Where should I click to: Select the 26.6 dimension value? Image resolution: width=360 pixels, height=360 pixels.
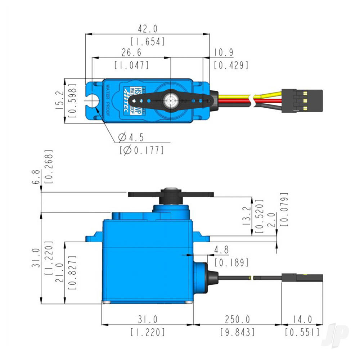pyautogui.click(x=131, y=53)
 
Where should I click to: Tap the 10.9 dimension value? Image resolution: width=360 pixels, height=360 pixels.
pyautogui.click(x=224, y=53)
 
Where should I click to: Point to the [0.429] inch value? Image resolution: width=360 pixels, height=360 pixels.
pyautogui.click(x=231, y=65)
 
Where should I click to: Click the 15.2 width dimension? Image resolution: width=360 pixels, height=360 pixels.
pyautogui.click(x=60, y=100)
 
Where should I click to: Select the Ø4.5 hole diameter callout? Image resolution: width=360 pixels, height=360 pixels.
pyautogui.click(x=131, y=137)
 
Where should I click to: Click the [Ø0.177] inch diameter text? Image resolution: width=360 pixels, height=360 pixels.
pyautogui.click(x=141, y=150)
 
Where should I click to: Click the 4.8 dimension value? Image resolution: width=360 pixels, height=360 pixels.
pyautogui.click(x=221, y=249)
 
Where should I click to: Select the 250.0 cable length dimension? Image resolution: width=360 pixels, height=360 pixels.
pyautogui.click(x=237, y=319)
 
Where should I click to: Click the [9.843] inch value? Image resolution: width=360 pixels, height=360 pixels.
pyautogui.click(x=237, y=332)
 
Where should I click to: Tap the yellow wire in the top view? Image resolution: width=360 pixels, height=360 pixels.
pyautogui.click(x=234, y=97)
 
